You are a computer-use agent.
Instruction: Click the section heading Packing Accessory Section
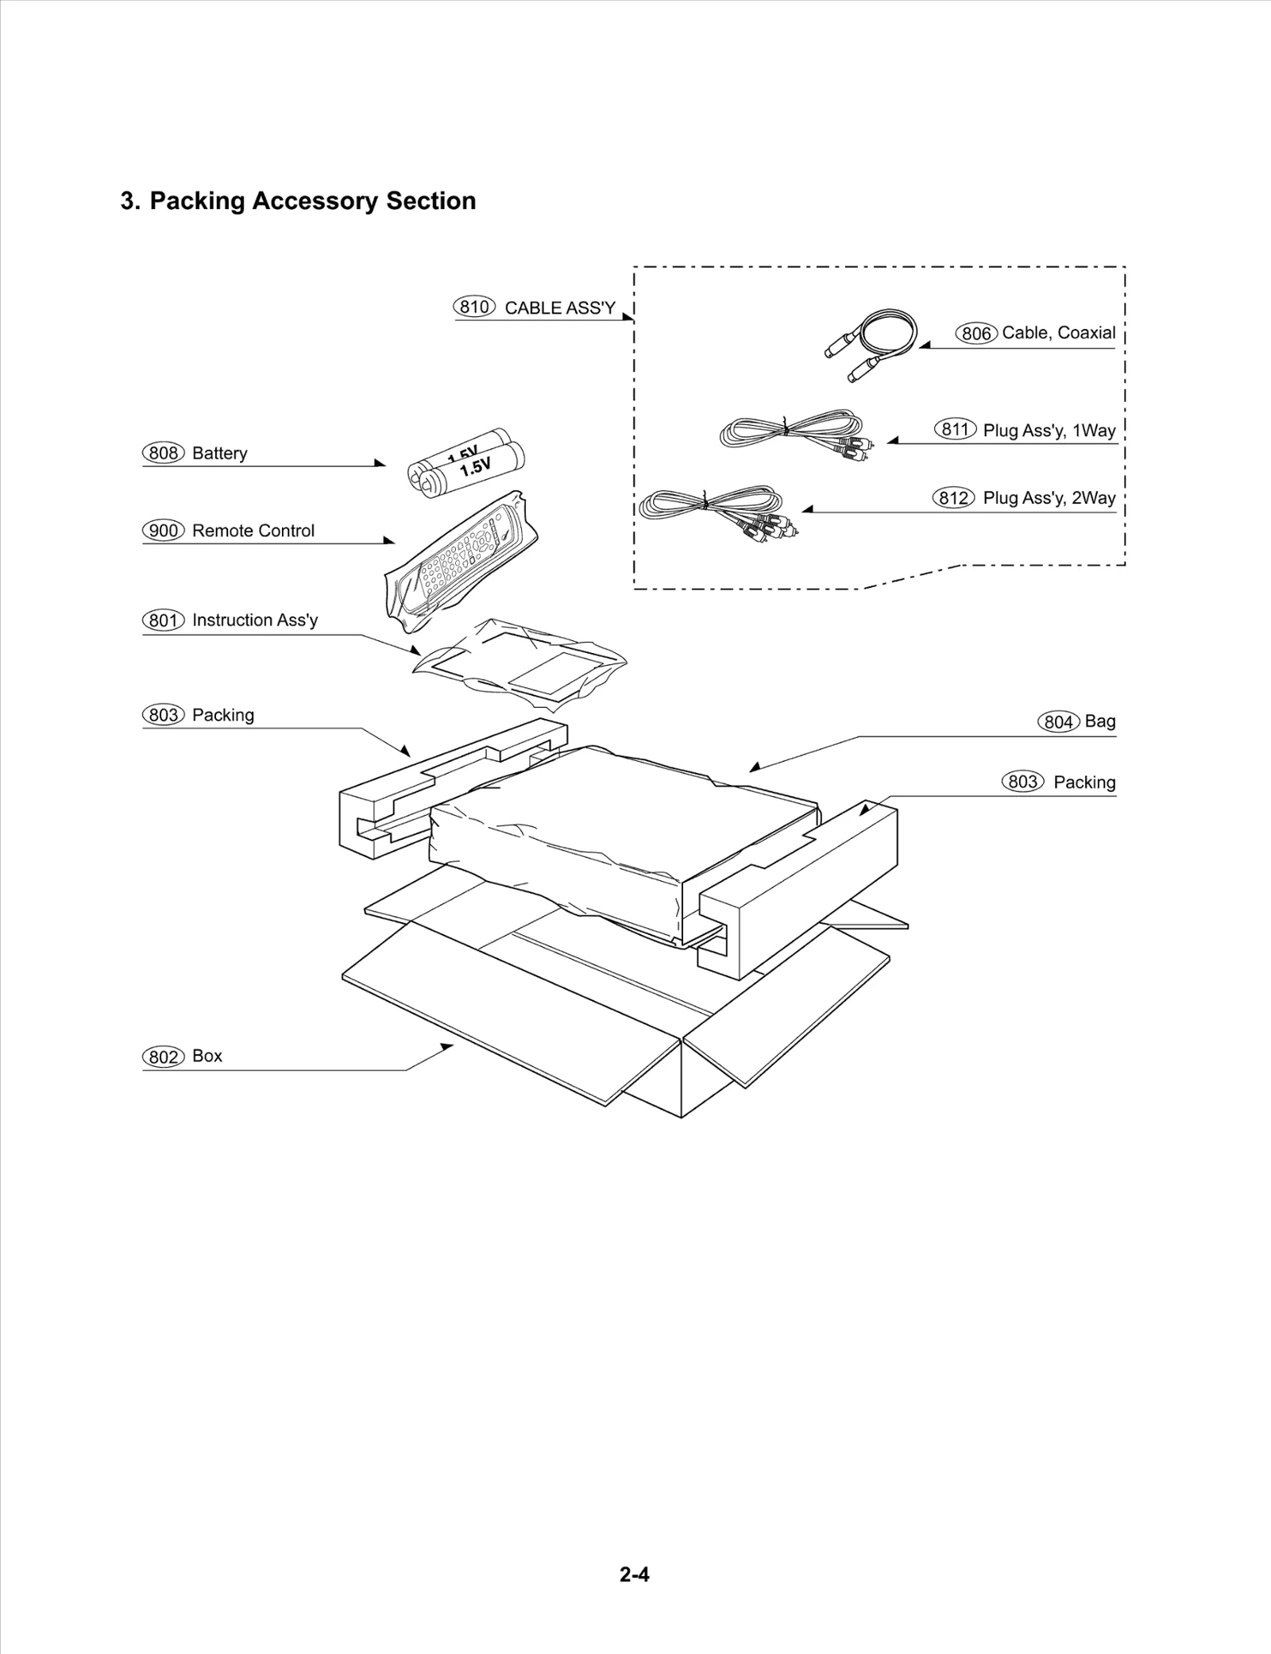coord(298,201)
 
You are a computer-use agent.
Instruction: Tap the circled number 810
coord(473,307)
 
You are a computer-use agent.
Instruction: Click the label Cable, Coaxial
coord(1058,333)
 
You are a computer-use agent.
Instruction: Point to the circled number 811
coord(955,430)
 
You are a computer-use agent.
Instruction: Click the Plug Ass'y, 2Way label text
coord(1049,498)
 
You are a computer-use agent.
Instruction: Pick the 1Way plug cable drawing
coord(794,433)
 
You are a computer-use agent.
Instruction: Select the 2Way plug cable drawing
coord(719,508)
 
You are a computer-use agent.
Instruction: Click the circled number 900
coord(163,531)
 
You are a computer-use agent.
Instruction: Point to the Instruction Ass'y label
coord(254,620)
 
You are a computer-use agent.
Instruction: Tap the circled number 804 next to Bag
coord(1058,721)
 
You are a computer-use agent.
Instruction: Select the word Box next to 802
coord(207,1056)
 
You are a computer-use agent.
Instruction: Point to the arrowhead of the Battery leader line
coord(381,463)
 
